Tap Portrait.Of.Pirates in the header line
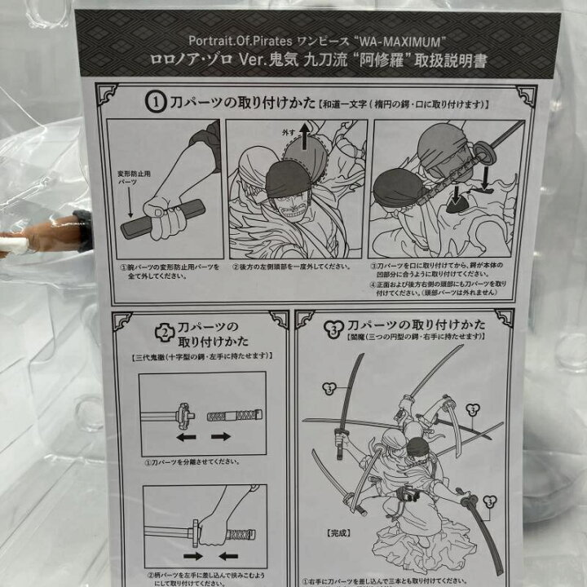tap(234, 40)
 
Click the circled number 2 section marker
tap(166, 332)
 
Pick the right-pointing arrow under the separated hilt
tap(221, 436)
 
